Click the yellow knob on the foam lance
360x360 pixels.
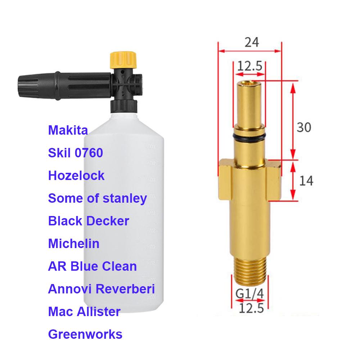point(123,60)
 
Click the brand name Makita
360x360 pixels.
point(68,130)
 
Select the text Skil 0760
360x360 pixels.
point(76,153)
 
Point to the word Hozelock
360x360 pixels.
point(76,176)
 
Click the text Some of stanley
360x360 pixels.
point(97,198)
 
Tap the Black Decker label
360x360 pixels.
point(89,221)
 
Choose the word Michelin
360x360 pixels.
point(74,244)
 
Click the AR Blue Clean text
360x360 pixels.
point(92,266)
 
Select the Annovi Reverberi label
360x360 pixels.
point(101,289)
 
